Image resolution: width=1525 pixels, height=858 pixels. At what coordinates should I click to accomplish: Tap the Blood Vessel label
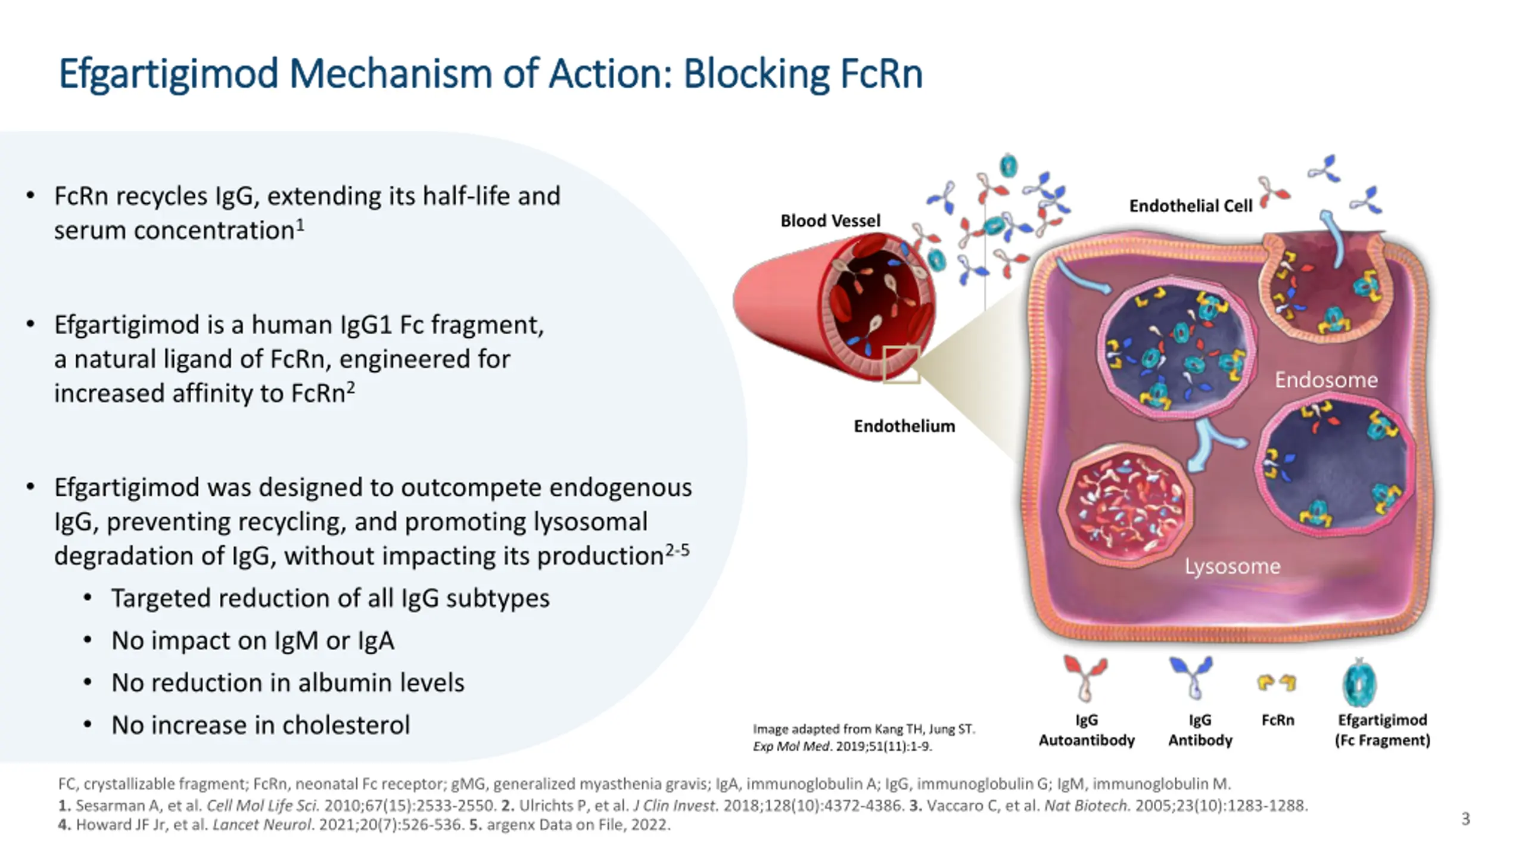click(x=830, y=220)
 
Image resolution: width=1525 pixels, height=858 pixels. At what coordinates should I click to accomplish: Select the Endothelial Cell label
click(x=1190, y=206)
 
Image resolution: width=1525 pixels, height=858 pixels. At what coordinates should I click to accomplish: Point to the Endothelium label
click(x=904, y=426)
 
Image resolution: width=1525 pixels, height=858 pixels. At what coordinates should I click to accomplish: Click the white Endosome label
click(x=1326, y=380)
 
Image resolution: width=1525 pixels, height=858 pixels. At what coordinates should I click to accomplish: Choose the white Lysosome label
click(x=1232, y=565)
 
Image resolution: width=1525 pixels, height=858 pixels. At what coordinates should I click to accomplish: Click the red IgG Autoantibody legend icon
click(x=1085, y=678)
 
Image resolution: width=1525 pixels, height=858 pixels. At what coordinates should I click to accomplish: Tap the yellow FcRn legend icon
click(x=1277, y=682)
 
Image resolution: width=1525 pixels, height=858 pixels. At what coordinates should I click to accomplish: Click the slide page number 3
click(x=1465, y=819)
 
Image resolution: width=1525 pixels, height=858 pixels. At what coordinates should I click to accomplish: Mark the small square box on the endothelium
click(x=901, y=364)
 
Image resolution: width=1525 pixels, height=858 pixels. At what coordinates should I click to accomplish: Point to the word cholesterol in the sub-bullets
click(x=346, y=725)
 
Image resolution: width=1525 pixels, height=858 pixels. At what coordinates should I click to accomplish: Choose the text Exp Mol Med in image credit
click(x=791, y=746)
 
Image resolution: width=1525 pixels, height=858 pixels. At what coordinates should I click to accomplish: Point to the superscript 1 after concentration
click(x=301, y=225)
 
